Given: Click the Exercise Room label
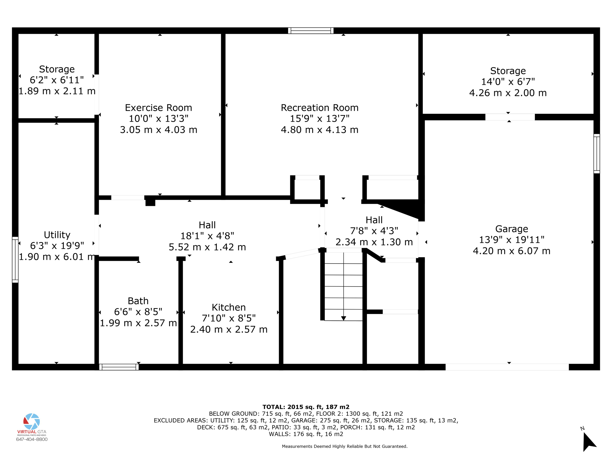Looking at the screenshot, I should click(158, 108).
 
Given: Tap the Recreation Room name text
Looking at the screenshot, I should click(319, 108).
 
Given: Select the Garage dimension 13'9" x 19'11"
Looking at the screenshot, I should click(512, 240).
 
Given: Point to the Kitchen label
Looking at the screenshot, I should click(229, 307).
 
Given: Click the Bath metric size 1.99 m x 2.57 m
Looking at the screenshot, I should click(138, 323).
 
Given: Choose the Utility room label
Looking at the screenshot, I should click(57, 235).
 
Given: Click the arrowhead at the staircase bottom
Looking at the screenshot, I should click(344, 318).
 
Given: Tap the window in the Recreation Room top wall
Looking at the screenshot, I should click(311, 30).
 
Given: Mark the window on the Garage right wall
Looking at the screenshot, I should click(596, 154).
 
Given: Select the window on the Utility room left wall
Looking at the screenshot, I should click(15, 259).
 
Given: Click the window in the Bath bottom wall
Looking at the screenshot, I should click(119, 367).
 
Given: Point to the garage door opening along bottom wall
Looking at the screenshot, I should click(507, 367).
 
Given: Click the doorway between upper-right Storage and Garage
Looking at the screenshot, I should click(510, 117).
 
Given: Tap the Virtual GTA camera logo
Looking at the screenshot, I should click(32, 421).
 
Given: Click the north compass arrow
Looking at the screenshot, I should click(588, 442).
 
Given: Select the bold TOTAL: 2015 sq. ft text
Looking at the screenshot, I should click(306, 407).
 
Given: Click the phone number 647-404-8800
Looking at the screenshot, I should click(32, 439).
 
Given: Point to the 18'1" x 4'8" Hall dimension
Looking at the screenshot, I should click(207, 236).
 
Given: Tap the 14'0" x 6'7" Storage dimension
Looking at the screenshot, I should click(508, 82).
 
